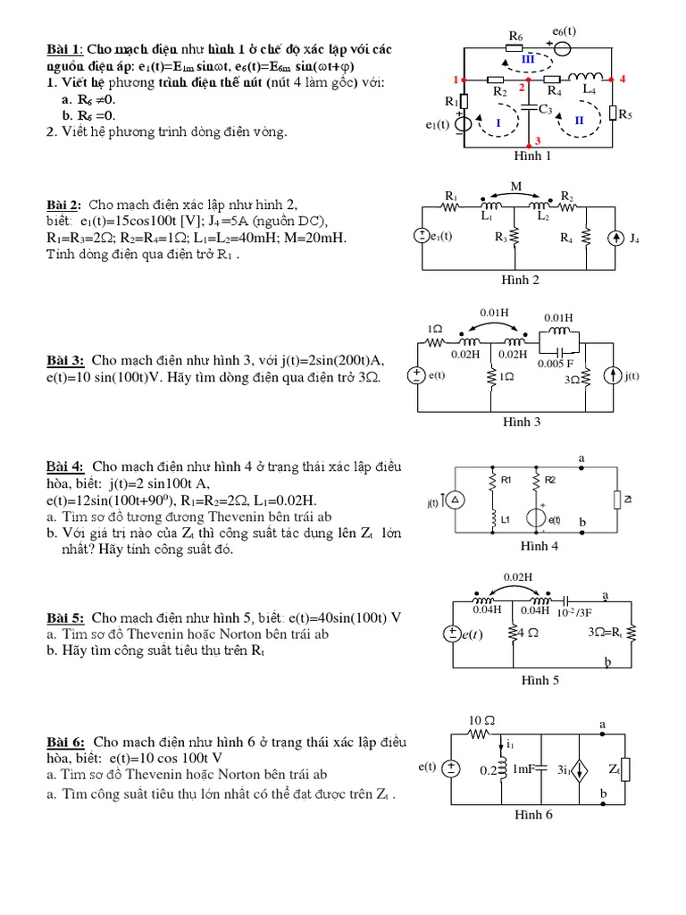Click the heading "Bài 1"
(x=63, y=48)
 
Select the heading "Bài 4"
(x=65, y=466)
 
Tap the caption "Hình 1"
(x=532, y=155)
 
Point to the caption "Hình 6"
(x=533, y=815)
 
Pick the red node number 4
(x=622, y=80)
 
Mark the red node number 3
(x=538, y=140)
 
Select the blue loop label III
(x=527, y=59)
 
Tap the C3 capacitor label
(x=545, y=110)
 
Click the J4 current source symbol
(x=615, y=238)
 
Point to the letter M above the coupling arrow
(x=515, y=187)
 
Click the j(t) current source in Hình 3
(x=613, y=376)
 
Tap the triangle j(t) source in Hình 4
(x=454, y=503)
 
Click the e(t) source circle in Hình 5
(x=454, y=634)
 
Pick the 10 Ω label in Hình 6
(x=481, y=720)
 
